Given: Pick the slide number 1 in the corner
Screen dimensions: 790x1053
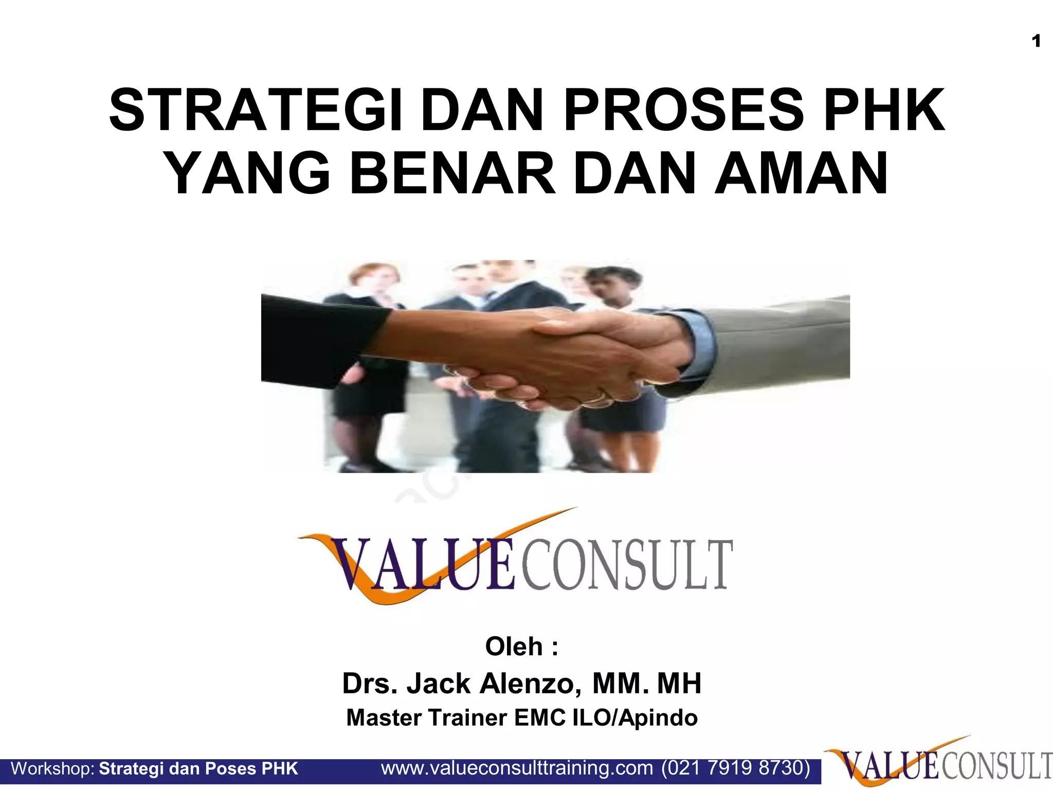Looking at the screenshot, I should tap(1036, 41).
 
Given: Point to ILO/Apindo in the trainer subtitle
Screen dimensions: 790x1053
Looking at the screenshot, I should tap(635, 717).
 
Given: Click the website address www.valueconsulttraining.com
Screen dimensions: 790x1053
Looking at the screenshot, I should tap(517, 768).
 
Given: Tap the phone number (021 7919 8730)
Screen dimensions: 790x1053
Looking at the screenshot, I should tap(736, 768).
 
